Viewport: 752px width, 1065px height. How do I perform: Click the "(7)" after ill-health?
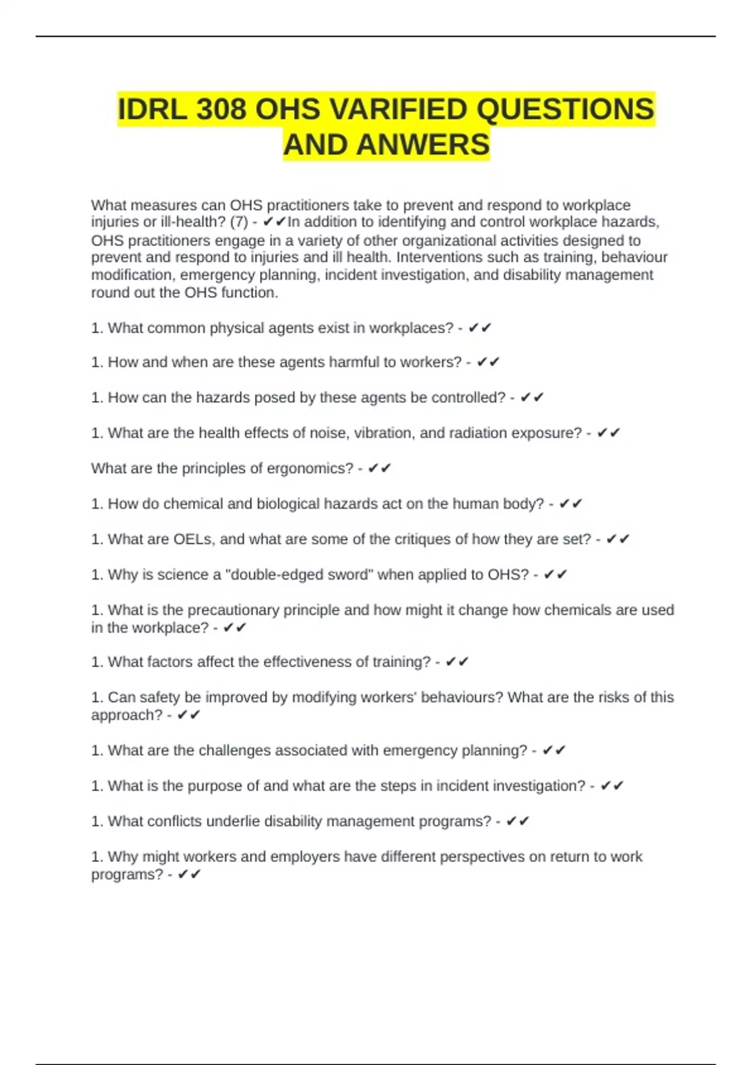(239, 222)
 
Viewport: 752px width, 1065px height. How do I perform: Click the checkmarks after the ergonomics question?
(380, 469)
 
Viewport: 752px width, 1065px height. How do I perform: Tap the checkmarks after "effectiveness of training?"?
(457, 662)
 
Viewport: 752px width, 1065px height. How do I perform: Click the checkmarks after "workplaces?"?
(480, 328)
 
